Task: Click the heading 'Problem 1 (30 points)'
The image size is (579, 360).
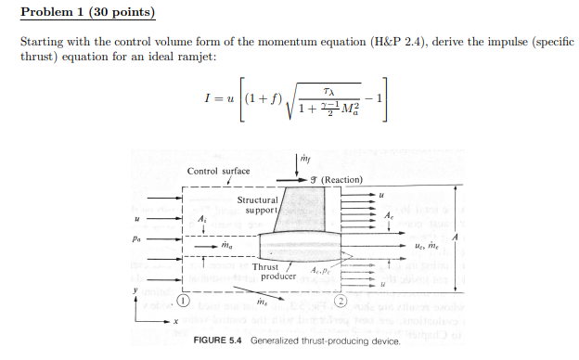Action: pos(87,13)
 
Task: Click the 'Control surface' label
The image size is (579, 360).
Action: pos(218,171)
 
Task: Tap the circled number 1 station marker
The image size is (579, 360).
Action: pos(184,302)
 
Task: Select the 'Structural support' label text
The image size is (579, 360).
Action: pos(257,205)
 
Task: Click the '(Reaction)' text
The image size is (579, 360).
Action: pos(341,179)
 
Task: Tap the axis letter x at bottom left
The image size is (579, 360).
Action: pos(174,321)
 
